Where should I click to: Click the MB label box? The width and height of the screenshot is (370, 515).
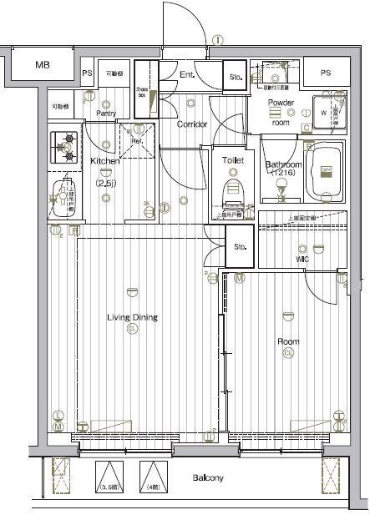pyautogui.click(x=42, y=65)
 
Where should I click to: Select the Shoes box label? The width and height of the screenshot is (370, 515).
pyautogui.click(x=142, y=93)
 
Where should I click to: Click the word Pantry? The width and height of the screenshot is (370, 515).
pyautogui.click(x=106, y=114)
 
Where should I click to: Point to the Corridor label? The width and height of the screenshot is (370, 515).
pyautogui.click(x=192, y=124)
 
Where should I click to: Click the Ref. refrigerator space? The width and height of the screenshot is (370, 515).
pyautogui.click(x=137, y=140)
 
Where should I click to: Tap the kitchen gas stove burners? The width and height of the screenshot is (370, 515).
pyautogui.click(x=63, y=147)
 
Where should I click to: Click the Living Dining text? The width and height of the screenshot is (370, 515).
pyautogui.click(x=132, y=317)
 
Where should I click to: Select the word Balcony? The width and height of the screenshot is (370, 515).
pyautogui.click(x=208, y=479)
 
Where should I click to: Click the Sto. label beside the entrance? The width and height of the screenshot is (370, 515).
pyautogui.click(x=235, y=78)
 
